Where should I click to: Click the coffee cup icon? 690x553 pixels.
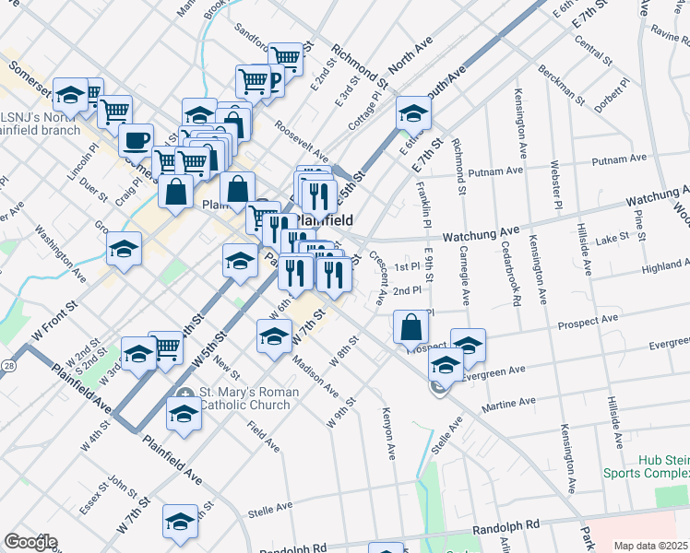pyautogui.click(x=136, y=141)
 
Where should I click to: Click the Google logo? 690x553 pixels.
pyautogui.click(x=30, y=542)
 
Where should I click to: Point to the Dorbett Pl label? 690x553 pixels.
pyautogui.click(x=613, y=94)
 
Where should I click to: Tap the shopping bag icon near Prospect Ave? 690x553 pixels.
pyautogui.click(x=410, y=326)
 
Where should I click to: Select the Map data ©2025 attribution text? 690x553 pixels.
pyautogui.click(x=650, y=546)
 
